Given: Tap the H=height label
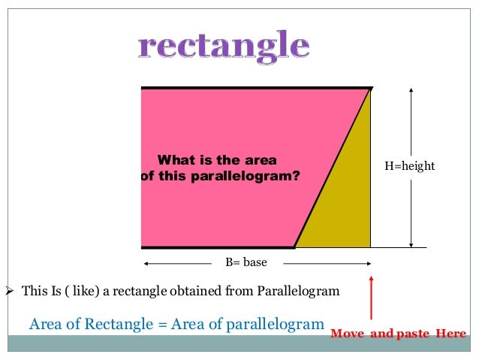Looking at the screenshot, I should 409,166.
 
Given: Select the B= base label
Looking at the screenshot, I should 246,263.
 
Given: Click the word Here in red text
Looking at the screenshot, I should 450,334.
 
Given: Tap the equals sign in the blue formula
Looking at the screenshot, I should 162,325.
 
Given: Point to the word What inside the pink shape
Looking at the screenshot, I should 174,160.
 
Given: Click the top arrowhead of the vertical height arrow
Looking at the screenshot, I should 411,90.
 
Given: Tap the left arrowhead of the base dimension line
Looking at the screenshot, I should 146,263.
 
